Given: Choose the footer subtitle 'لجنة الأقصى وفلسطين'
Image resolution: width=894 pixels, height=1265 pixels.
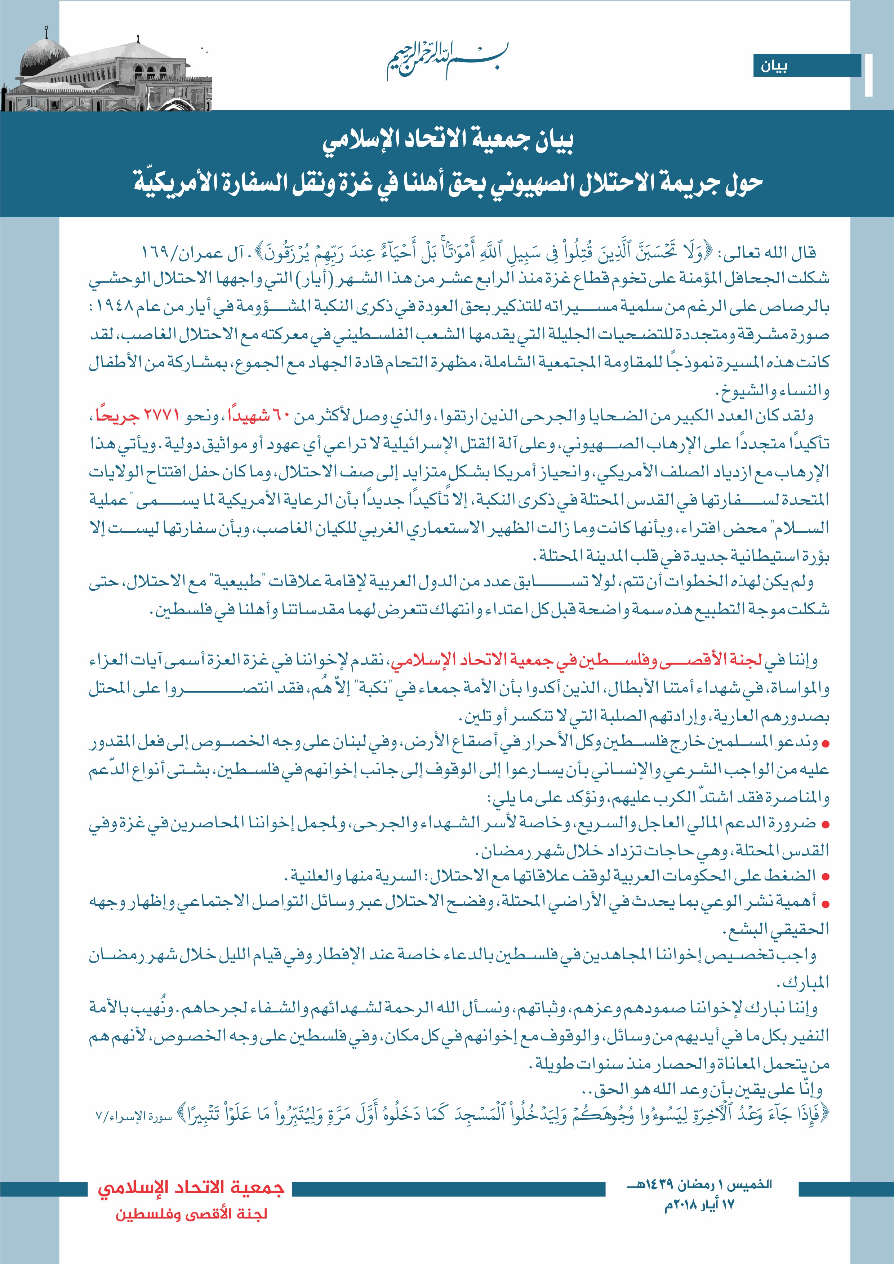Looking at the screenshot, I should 191,1214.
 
